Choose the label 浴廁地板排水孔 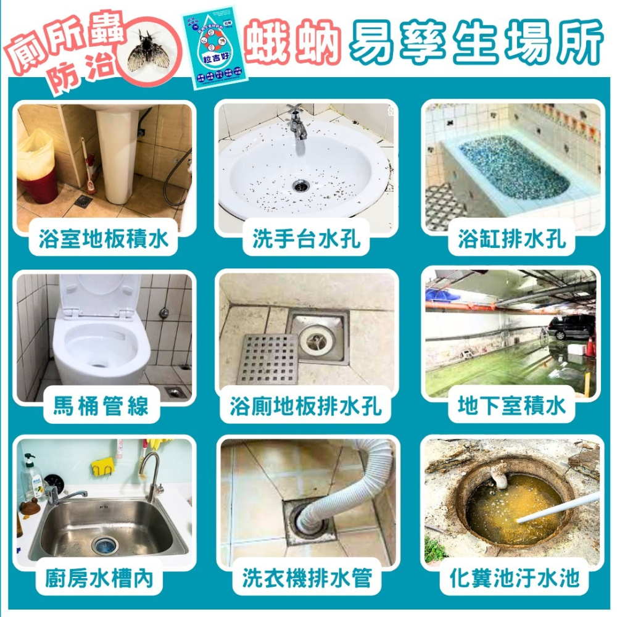tap(306, 407)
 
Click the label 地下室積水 tap(511, 407)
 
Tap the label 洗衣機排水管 tap(307, 579)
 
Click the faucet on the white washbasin tap(297, 123)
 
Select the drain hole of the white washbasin tap(300, 184)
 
